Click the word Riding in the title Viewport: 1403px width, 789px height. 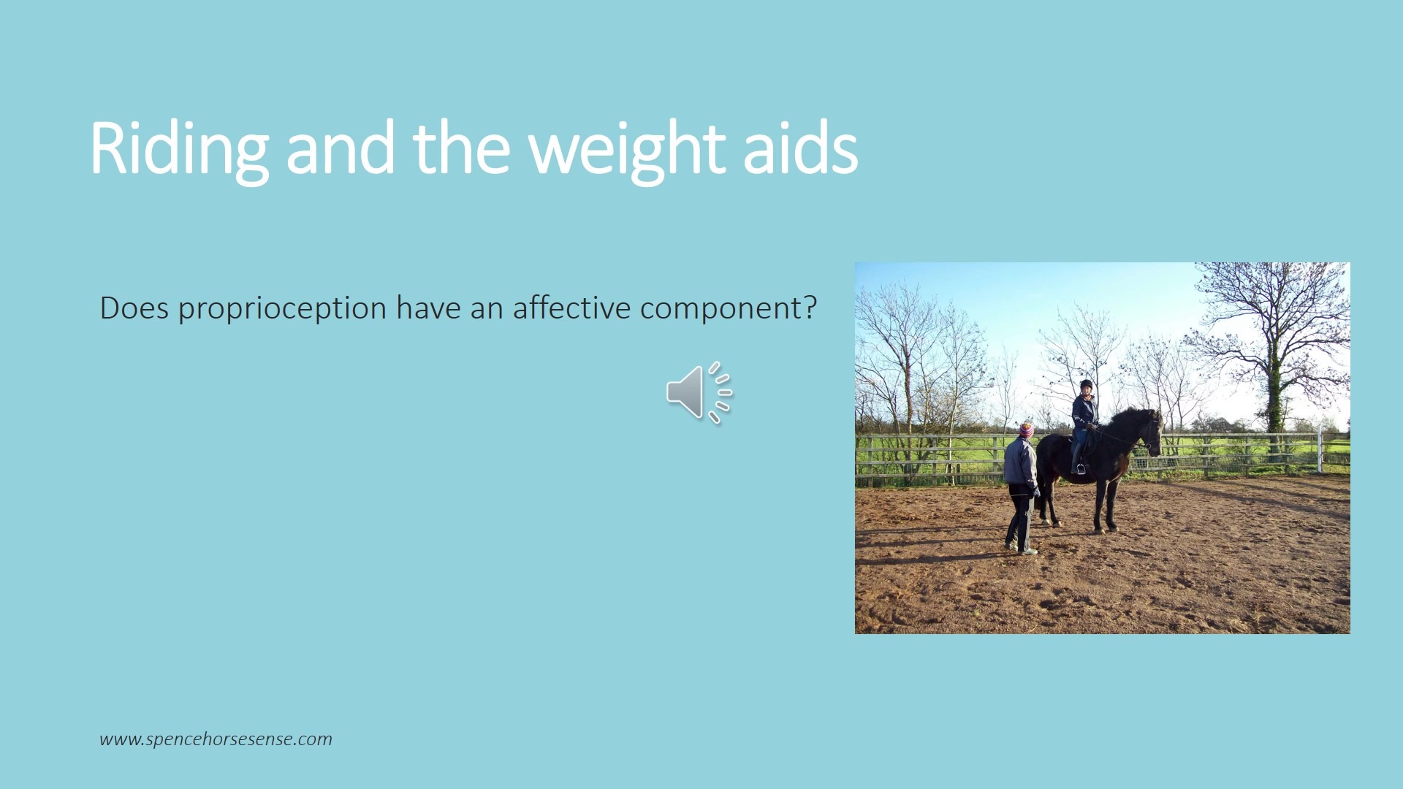point(180,149)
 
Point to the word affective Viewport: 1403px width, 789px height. point(571,308)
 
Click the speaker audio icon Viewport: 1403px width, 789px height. point(699,392)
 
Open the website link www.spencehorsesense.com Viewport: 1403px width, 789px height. point(216,739)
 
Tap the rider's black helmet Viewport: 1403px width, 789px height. point(1086,384)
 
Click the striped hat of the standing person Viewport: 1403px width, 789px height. point(1027,430)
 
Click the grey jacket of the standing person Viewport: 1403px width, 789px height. point(1020,463)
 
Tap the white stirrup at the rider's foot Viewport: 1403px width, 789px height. point(1080,469)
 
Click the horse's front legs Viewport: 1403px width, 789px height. point(1105,504)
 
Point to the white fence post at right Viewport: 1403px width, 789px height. point(1320,451)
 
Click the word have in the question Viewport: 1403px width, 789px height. point(428,308)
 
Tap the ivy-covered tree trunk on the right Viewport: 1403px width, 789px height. point(1274,394)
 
